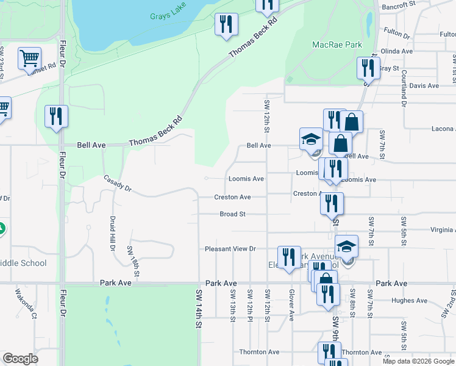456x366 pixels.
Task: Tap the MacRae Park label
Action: point(337,45)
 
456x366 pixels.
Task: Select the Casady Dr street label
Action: point(118,184)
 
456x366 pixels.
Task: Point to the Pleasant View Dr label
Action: point(230,249)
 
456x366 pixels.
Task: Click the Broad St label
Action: point(232,214)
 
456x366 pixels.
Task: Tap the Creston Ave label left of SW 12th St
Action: point(232,197)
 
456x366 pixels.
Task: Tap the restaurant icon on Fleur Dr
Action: point(56,116)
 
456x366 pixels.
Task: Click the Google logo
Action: point(21,359)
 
